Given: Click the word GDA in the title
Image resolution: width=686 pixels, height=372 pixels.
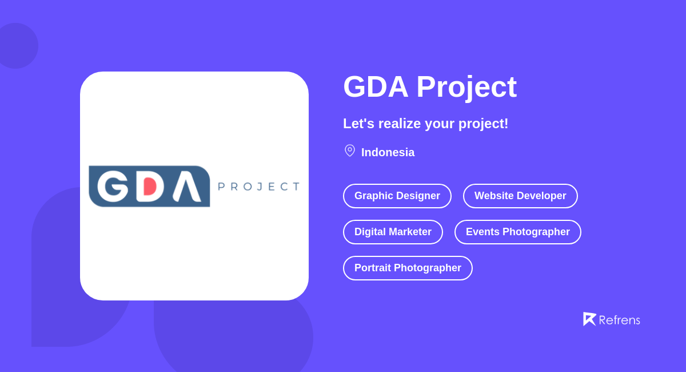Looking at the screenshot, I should (x=376, y=87).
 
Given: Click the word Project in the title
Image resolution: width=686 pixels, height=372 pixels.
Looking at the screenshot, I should (x=466, y=87).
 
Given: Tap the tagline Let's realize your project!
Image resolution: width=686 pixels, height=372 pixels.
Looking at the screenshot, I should (x=425, y=124).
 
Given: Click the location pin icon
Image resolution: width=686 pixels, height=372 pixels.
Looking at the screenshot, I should (x=350, y=151).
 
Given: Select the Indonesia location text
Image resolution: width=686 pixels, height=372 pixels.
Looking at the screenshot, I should (x=388, y=153).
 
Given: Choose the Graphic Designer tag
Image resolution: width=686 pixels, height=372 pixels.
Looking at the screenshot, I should (x=397, y=196).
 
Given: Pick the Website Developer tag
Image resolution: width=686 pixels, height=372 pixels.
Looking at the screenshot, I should (x=520, y=196).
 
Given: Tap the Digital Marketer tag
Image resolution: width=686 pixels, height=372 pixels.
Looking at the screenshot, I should (x=393, y=232).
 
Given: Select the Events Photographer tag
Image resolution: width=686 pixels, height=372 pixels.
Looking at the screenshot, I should (x=518, y=232).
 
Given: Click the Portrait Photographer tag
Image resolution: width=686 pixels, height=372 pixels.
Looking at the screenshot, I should (x=408, y=268).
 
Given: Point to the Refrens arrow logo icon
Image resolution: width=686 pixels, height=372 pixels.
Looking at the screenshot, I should (x=589, y=319).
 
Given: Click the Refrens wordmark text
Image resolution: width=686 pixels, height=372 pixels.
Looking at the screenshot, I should (x=619, y=320).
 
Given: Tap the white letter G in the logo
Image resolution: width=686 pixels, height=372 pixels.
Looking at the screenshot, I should (x=113, y=186).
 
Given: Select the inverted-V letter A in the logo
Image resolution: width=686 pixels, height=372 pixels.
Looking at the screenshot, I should (x=186, y=187).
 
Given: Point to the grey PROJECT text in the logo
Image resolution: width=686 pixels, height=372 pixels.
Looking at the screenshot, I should (x=259, y=187).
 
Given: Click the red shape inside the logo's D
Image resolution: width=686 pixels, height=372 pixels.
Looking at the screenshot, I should (x=150, y=186).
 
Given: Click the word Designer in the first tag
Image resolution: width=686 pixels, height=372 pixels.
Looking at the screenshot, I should (x=418, y=196).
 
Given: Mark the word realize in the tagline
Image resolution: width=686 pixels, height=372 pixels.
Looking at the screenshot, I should (x=399, y=124).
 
